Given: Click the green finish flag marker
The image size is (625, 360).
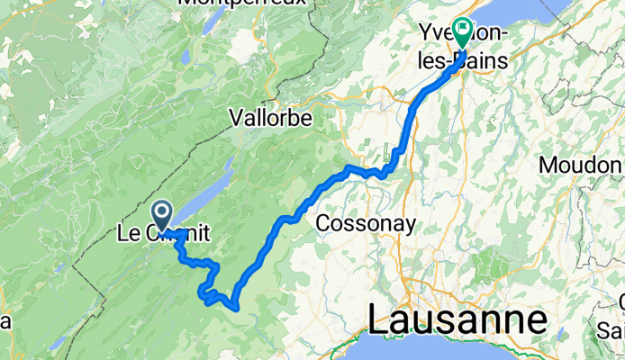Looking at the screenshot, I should (x=462, y=34).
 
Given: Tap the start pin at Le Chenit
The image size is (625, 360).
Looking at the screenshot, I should (x=162, y=215).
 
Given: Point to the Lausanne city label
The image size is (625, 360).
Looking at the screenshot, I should (x=457, y=319).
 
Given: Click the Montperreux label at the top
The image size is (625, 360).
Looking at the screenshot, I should (x=243, y=4).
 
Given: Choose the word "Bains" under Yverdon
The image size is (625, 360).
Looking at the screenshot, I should (x=482, y=61).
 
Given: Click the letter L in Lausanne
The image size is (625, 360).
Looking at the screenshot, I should (x=377, y=319).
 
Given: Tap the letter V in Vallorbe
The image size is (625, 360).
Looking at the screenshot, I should (x=235, y=118).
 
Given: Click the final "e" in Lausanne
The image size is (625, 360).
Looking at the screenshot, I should (x=538, y=319).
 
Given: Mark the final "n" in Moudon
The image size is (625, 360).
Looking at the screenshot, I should (x=617, y=166).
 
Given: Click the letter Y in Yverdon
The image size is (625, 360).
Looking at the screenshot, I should (x=427, y=34).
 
